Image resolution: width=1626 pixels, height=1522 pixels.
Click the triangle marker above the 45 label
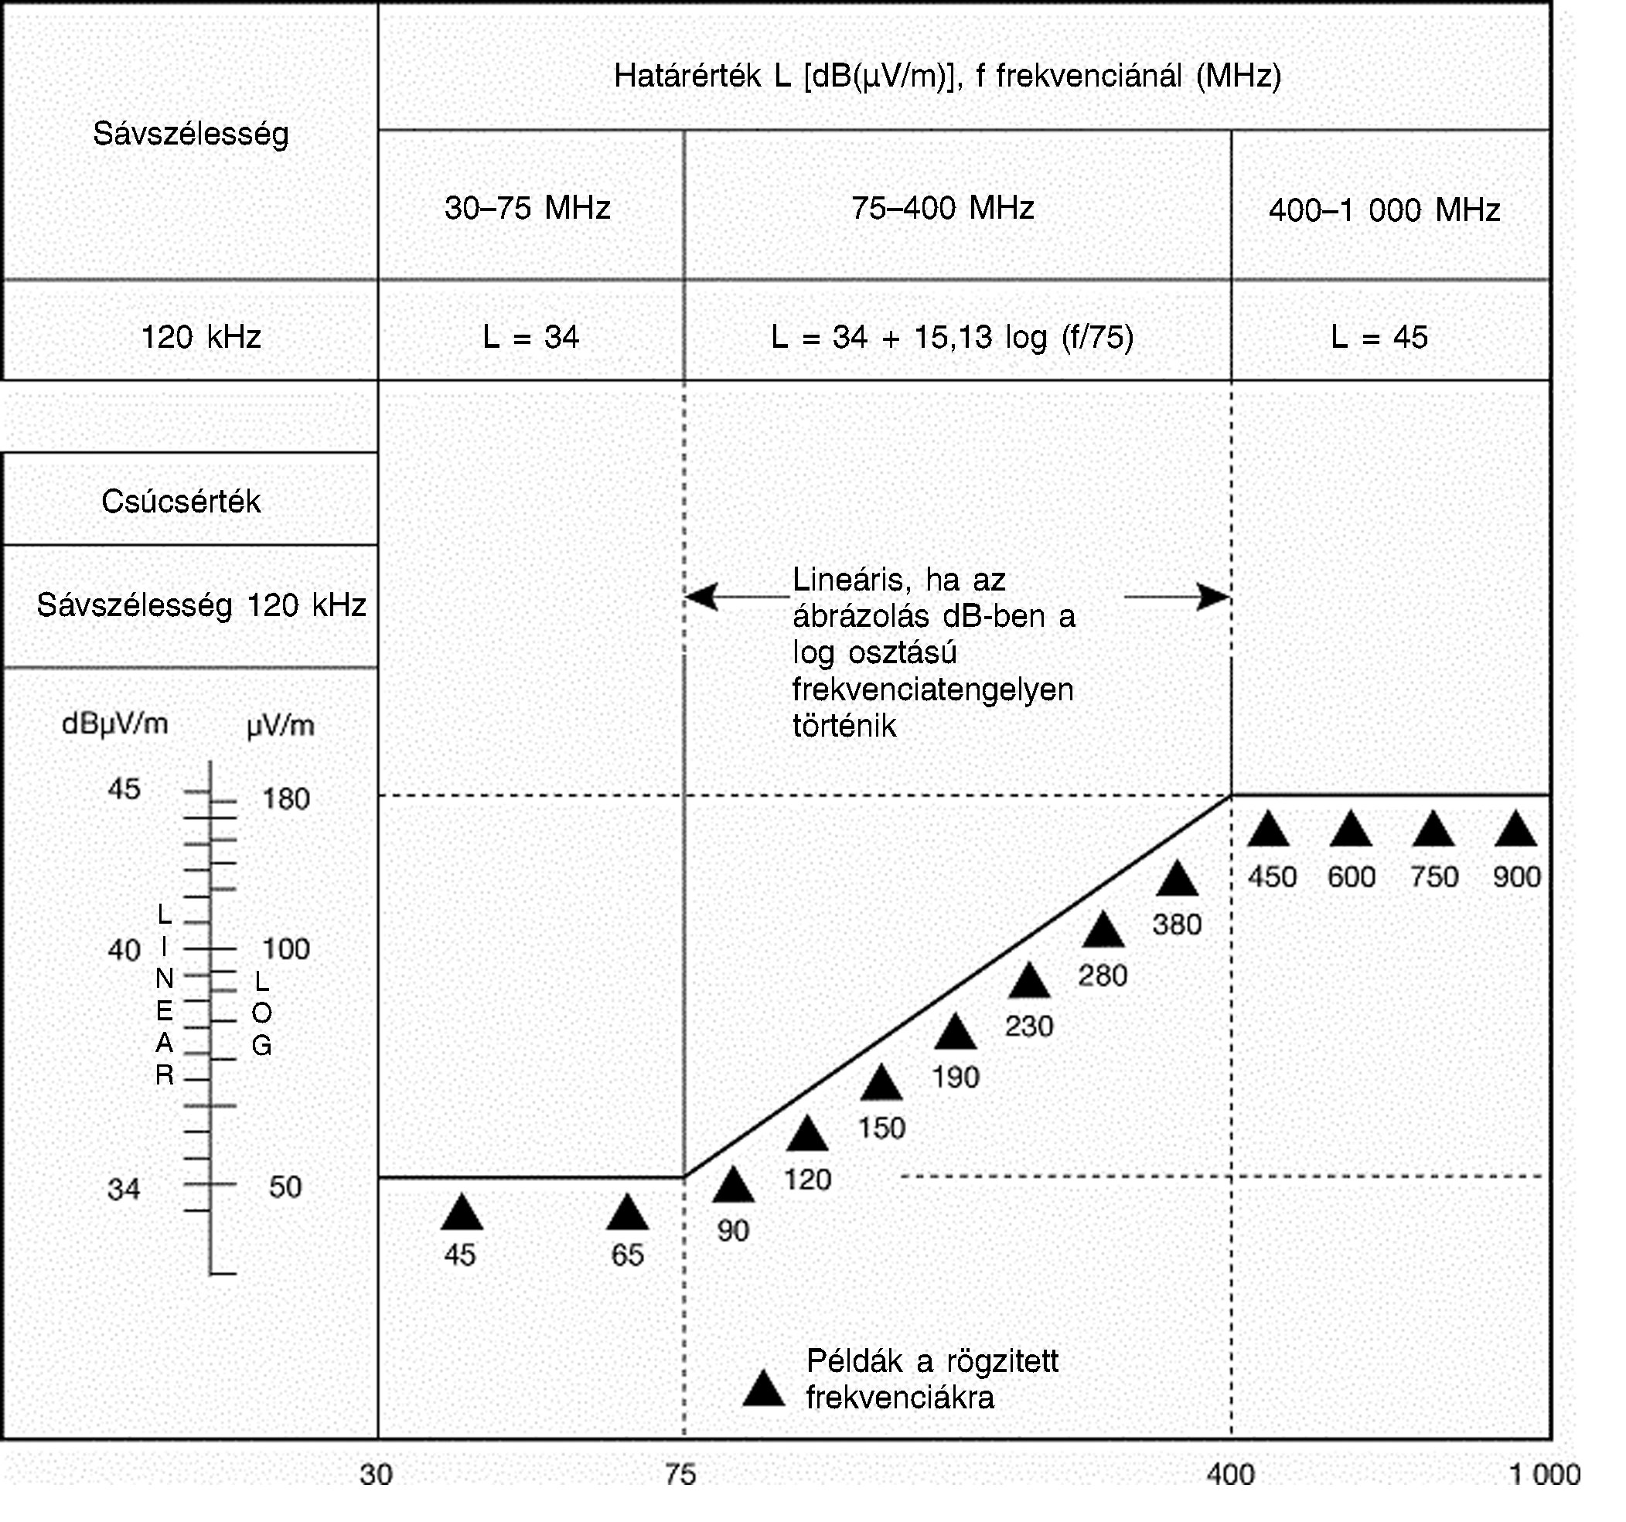462,1214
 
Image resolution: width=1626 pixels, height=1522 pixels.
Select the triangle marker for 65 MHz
627,1214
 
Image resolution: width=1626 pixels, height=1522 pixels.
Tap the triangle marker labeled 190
956,1033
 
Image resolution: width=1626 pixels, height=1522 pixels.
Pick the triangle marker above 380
1177,880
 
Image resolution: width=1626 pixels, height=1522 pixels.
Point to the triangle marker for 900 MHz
1515,830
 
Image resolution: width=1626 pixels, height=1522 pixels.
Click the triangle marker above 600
1352,830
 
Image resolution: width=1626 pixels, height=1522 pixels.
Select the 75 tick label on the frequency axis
680,1475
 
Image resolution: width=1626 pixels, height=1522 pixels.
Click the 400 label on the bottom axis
1230,1475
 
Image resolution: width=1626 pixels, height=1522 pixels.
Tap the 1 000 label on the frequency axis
1544,1475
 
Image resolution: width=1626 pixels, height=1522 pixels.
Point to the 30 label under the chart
377,1475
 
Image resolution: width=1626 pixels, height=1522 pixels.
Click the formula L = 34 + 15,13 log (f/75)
952,337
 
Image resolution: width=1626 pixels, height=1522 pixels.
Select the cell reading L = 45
1379,337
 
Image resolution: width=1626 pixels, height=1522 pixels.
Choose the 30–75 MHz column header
527,208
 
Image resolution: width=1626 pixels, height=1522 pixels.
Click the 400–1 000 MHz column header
1385,210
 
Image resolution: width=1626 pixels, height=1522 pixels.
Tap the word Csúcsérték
181,502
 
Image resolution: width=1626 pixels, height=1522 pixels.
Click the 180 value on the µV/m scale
285,798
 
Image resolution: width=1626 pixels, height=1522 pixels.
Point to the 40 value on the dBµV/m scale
124,949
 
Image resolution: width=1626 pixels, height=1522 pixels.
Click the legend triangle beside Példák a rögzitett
763,1390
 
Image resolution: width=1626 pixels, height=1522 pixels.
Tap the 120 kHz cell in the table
201,337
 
